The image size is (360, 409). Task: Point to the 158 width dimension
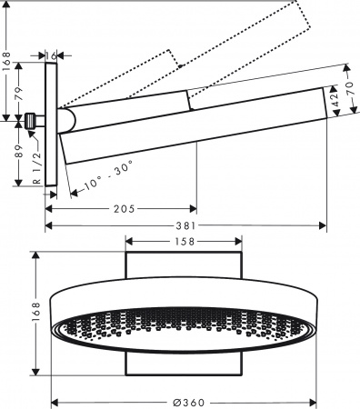(184, 242)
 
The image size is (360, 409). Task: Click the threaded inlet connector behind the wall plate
(34, 119)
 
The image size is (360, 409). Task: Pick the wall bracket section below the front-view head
(184, 364)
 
